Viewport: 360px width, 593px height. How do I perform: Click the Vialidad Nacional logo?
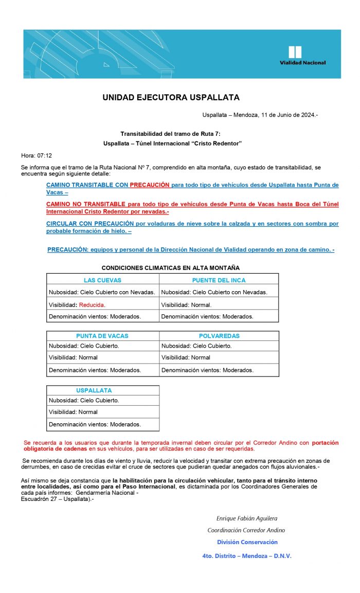pos(302,55)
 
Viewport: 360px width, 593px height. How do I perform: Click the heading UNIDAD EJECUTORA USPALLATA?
pos(171,97)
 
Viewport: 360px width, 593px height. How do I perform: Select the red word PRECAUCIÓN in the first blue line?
pos(150,185)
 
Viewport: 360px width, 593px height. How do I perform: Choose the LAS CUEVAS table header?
pos(102,280)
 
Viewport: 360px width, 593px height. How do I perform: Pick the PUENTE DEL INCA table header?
pos(219,280)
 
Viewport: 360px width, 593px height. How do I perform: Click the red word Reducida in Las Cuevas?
pos(92,305)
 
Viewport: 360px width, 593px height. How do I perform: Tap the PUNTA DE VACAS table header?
pos(102,336)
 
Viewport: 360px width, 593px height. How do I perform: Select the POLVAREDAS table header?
pos(219,336)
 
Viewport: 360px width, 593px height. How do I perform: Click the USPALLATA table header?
pos(94,390)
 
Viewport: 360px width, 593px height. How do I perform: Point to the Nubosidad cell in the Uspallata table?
pos(84,400)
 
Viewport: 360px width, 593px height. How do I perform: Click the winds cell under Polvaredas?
pos(207,370)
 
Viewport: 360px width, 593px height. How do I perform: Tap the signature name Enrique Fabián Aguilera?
pos(246,518)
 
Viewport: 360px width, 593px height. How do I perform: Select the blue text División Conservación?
pos(247,542)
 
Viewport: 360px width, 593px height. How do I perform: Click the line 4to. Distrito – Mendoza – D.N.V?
pos(247,556)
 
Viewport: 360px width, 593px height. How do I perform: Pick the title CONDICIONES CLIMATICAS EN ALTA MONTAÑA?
pos(170,268)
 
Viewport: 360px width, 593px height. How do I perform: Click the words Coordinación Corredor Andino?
pos(246,530)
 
